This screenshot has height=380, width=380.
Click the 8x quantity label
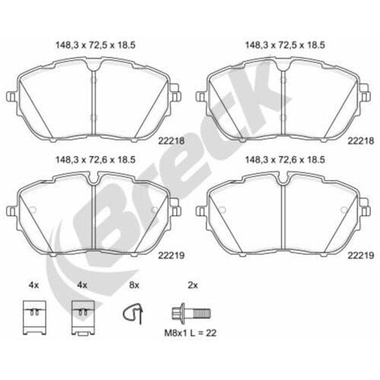[134, 285]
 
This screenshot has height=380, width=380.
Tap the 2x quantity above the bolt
[192, 285]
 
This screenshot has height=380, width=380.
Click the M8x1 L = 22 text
[190, 333]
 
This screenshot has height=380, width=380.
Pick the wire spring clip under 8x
[133, 314]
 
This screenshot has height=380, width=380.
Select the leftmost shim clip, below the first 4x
[34, 318]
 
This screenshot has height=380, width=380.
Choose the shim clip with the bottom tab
[83, 318]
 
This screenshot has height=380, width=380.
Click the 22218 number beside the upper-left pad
[171, 141]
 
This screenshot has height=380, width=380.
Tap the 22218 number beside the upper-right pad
[361, 141]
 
